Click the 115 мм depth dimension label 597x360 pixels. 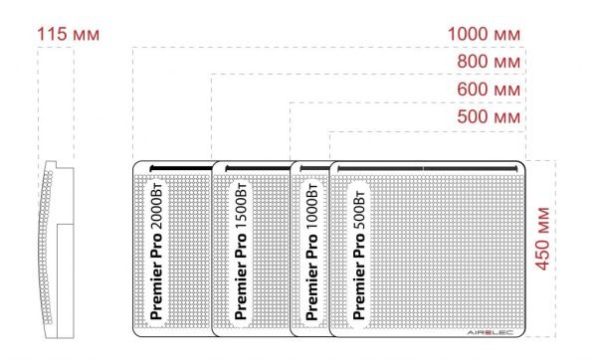69,34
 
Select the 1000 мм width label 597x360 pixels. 485,34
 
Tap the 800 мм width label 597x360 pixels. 490,63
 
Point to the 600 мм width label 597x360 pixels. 490,90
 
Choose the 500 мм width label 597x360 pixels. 490,118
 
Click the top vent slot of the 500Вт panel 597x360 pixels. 428,168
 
